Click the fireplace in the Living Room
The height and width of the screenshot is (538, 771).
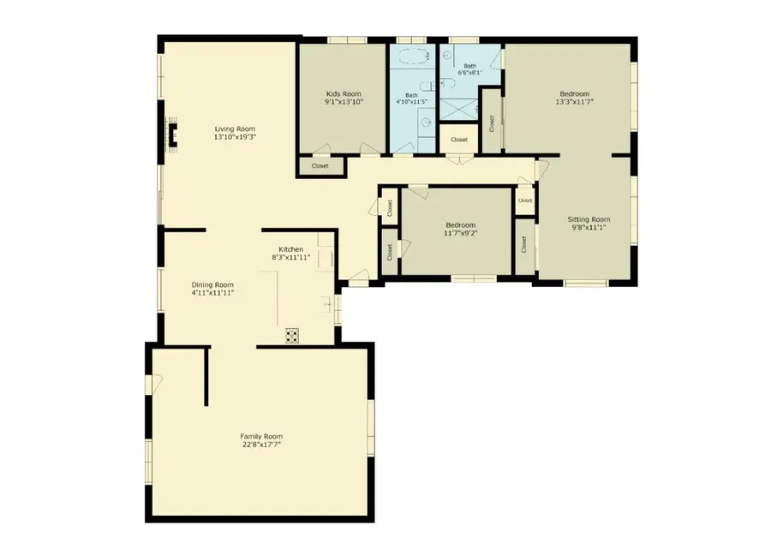click(172, 134)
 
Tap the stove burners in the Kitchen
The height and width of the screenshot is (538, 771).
click(292, 335)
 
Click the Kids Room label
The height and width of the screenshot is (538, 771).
click(344, 93)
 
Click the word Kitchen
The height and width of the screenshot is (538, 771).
click(290, 249)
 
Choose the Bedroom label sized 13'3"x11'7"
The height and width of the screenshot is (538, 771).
click(574, 93)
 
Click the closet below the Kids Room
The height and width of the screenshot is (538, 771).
click(320, 165)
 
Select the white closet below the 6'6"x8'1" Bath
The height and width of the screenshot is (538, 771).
click(459, 139)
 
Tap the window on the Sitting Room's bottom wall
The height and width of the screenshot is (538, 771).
click(586, 283)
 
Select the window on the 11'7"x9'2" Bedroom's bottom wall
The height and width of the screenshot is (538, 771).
click(474, 278)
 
